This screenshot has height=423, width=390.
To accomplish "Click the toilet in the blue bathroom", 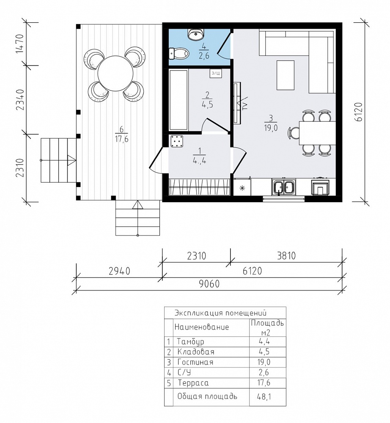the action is click(178, 53).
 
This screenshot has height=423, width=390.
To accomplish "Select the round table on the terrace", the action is click(115, 73).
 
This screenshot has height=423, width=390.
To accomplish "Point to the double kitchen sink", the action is click(284, 187).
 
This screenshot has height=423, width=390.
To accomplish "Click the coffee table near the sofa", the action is click(286, 75).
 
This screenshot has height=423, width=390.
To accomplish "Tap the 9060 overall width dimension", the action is click(209, 284).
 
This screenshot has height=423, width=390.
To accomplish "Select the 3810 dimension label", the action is click(286, 255).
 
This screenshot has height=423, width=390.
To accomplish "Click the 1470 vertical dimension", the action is click(20, 44).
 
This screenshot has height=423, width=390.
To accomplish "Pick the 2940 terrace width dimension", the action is click(119, 271).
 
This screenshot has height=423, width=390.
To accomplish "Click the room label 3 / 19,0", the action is click(271, 123).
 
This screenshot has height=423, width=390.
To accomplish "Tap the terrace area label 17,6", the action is click(122, 139).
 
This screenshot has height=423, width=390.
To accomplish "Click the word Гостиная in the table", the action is click(195, 362).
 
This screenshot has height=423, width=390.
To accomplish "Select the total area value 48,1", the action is click(264, 396).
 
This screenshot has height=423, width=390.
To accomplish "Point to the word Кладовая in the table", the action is click(196, 352).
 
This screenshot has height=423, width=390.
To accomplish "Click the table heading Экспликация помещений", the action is click(220, 313).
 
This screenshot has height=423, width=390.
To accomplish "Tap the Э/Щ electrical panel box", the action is click(216, 73).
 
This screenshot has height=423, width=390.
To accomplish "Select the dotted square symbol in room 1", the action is click(177, 141).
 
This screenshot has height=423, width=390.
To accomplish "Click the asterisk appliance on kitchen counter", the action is click(242, 188).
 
